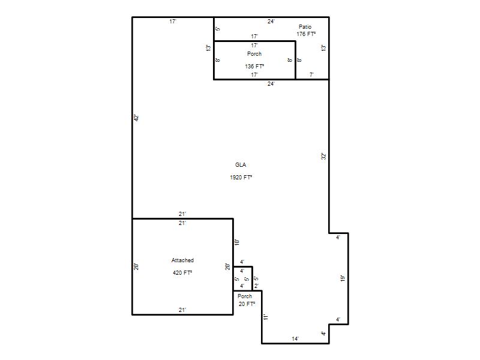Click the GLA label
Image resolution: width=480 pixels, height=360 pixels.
(x=241, y=165)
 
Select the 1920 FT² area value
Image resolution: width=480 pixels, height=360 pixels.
(x=241, y=177)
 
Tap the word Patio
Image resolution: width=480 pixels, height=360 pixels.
(x=305, y=27)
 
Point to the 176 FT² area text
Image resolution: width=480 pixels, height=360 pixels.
(x=306, y=34)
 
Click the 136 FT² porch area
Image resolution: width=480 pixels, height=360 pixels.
(x=254, y=66)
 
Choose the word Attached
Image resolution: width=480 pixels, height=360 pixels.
(x=182, y=260)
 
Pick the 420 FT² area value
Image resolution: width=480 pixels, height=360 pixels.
(x=182, y=273)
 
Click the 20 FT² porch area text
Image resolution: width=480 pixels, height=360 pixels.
(x=247, y=304)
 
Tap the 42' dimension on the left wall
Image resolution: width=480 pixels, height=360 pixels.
(x=137, y=118)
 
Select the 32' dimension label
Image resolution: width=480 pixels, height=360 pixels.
(x=324, y=156)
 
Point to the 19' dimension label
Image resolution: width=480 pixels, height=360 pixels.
(x=343, y=278)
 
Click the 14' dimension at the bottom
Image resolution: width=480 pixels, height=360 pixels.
(x=295, y=339)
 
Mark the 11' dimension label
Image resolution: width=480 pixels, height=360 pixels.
(x=266, y=317)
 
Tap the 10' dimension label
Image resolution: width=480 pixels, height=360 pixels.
(x=236, y=242)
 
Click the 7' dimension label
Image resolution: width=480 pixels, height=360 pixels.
(x=311, y=74)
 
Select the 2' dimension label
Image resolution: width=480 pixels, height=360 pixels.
(x=256, y=286)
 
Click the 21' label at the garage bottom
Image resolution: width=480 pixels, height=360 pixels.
(x=182, y=310)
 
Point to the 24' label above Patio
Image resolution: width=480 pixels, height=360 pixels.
(x=271, y=22)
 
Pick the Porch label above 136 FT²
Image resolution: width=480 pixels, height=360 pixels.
(x=254, y=54)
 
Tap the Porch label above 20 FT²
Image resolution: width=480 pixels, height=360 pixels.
(x=245, y=296)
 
